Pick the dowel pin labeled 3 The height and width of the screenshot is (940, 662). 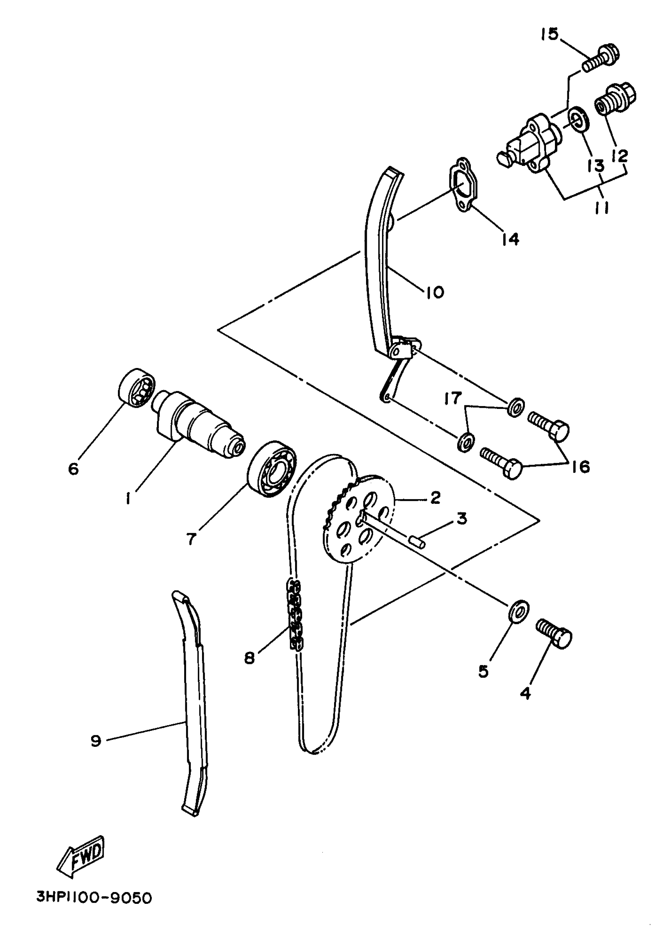pos(418,541)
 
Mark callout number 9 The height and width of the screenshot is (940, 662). pos(96,740)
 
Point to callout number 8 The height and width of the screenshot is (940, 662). pos(249,658)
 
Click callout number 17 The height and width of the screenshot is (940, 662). pos(453,398)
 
